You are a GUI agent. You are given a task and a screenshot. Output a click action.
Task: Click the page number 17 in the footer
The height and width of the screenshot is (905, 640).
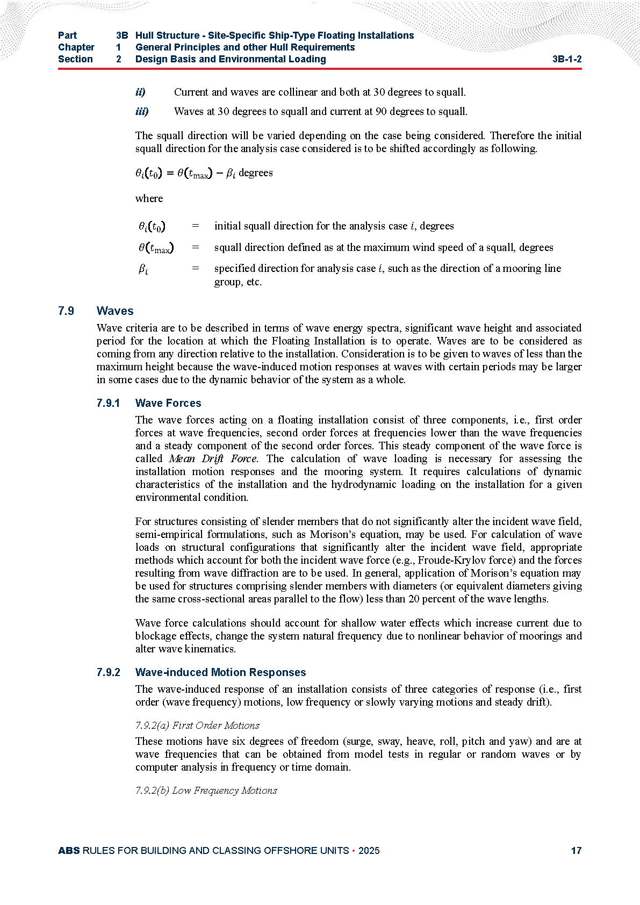576,851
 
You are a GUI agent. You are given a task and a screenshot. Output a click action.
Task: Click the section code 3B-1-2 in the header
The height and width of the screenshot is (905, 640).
566,59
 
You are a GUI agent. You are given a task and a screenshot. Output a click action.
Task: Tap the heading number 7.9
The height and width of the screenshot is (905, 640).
66,311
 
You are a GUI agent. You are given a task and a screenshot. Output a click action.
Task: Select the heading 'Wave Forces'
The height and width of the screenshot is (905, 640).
168,403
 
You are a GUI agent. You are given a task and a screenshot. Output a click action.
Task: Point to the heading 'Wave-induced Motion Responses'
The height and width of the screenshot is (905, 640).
220,672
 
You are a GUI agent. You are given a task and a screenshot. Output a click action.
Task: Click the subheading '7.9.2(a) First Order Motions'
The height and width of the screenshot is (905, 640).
197,726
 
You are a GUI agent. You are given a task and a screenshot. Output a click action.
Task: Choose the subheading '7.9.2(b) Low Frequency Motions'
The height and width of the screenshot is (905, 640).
206,791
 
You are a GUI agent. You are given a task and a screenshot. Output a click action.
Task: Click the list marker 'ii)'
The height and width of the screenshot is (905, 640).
140,92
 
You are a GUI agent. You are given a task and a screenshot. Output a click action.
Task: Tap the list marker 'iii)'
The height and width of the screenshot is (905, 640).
142,112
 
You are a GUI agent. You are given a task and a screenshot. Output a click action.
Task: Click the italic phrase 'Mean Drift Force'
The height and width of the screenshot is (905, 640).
213,459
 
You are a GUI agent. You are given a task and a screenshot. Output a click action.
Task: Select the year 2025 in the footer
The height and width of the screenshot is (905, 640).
369,851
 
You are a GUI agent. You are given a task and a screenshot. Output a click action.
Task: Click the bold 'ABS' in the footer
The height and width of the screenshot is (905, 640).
69,851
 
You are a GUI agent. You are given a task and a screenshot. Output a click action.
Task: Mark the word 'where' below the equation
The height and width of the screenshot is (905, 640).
149,199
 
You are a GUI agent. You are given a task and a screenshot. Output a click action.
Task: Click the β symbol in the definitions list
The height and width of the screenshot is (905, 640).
143,269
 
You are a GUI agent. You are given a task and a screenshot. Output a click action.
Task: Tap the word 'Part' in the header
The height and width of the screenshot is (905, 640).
68,35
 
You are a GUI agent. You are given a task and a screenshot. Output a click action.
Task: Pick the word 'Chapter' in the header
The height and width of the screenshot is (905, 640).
76,47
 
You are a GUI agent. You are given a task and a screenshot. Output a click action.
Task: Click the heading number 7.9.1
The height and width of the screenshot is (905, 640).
109,403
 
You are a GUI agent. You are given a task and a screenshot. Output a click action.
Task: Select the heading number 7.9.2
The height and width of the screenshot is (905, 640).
109,672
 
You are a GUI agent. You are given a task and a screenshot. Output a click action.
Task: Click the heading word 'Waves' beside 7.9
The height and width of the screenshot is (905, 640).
115,311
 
